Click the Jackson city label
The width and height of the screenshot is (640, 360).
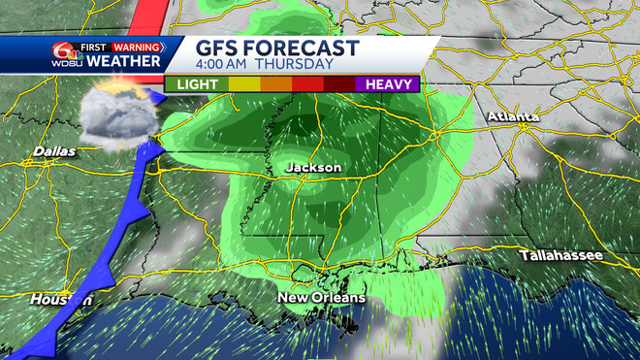click(x=313, y=168)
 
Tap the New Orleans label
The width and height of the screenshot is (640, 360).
click(x=321, y=297)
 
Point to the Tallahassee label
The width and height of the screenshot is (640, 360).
click(x=561, y=255)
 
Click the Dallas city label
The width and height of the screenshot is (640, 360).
click(x=53, y=150)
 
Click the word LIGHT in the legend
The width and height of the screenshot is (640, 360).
click(x=197, y=84)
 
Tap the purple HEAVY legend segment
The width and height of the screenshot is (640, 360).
click(x=388, y=84)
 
